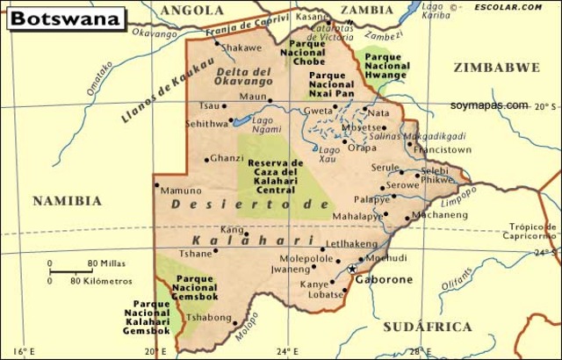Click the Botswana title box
pyautogui.click(x=66, y=17)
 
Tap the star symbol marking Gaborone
pyautogui.click(x=352, y=269)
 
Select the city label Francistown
pyautogui.click(x=443, y=149)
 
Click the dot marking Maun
pyautogui.click(x=270, y=100)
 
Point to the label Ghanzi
pyautogui.click(x=227, y=158)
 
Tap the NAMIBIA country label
pyautogui.click(x=68, y=201)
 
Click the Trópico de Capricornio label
pyautogui.click(x=532, y=231)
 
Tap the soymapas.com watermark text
pyautogui.click(x=489, y=105)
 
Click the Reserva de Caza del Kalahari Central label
pyautogui.click(x=275, y=176)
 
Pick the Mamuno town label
pyautogui.click(x=182, y=191)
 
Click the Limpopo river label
pyautogui.click(x=462, y=198)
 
